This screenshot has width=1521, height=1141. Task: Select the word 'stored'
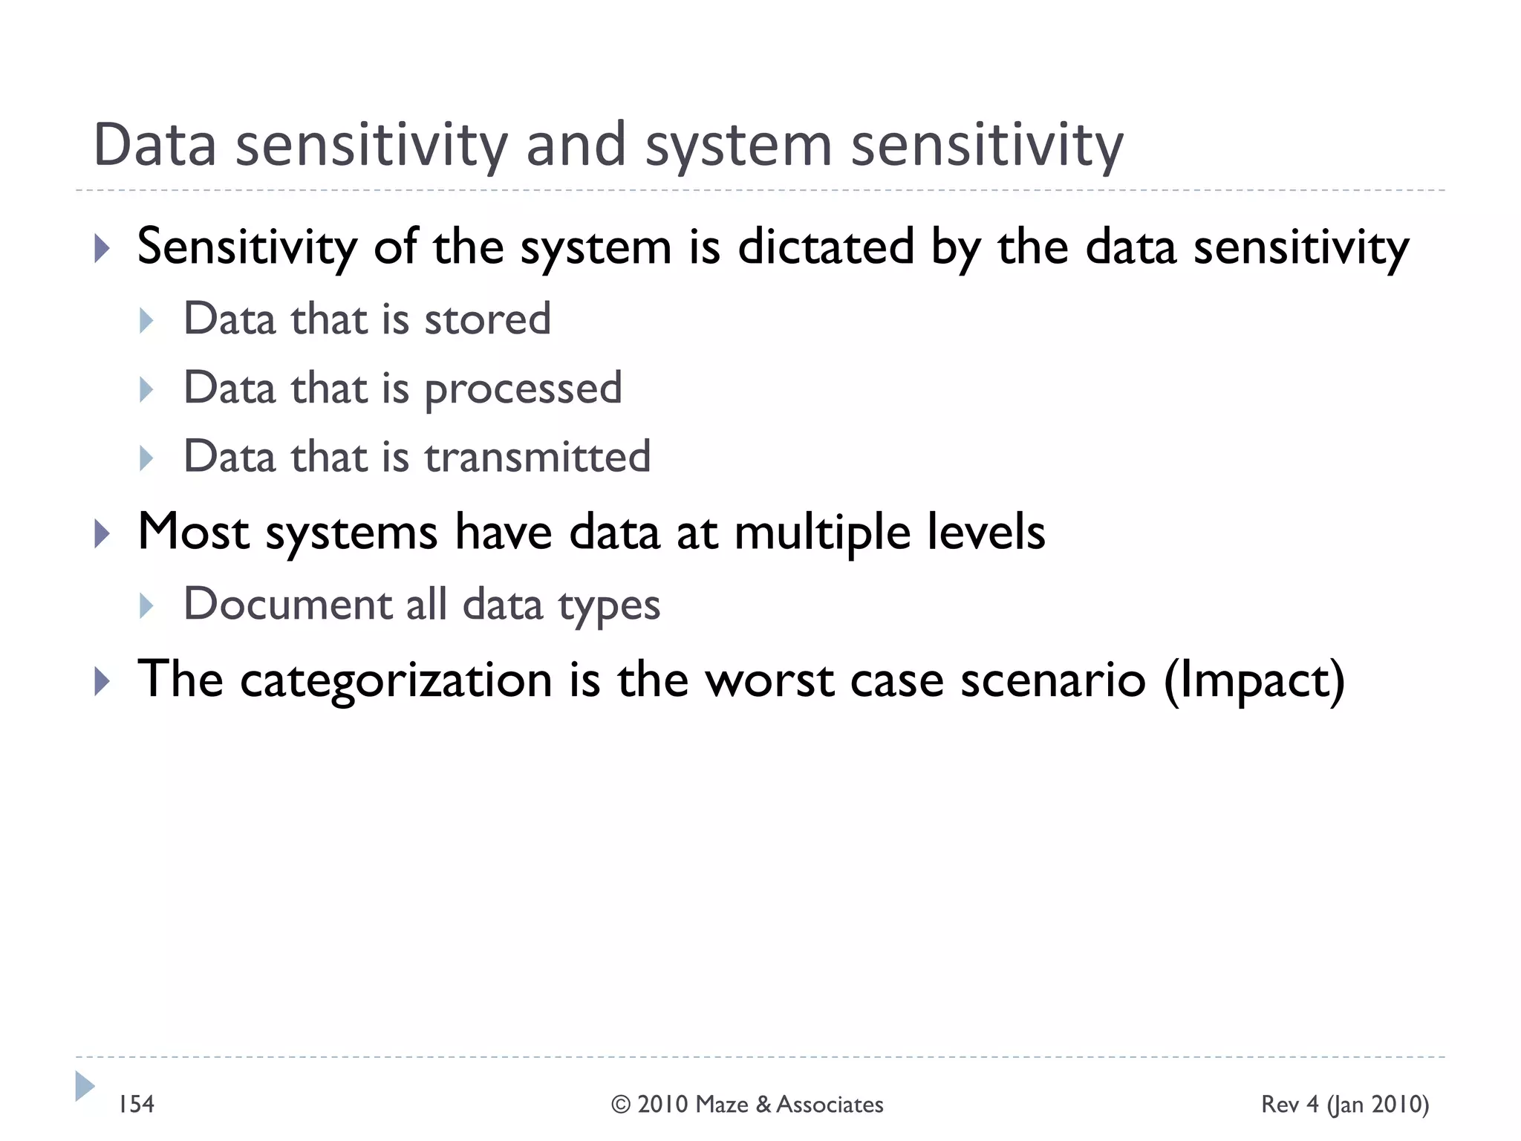[487, 319]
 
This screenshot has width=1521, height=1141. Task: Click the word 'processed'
[522, 389]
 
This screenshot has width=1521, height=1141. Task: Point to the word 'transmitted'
[537, 457]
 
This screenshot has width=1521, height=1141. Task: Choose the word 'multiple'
[821, 533]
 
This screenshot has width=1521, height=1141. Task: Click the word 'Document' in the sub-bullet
[287, 604]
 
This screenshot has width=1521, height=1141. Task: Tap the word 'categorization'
[396, 680]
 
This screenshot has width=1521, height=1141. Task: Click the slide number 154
[137, 1105]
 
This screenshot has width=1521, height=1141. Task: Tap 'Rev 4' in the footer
[1290, 1105]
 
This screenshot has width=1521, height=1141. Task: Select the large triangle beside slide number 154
[84, 1087]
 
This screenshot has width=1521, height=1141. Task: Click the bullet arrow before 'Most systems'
[102, 534]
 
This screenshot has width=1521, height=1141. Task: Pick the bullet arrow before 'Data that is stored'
[146, 321]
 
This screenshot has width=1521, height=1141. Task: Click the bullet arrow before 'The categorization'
[102, 681]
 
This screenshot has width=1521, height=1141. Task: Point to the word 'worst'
[769, 680]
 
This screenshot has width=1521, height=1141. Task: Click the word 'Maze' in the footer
[723, 1105]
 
